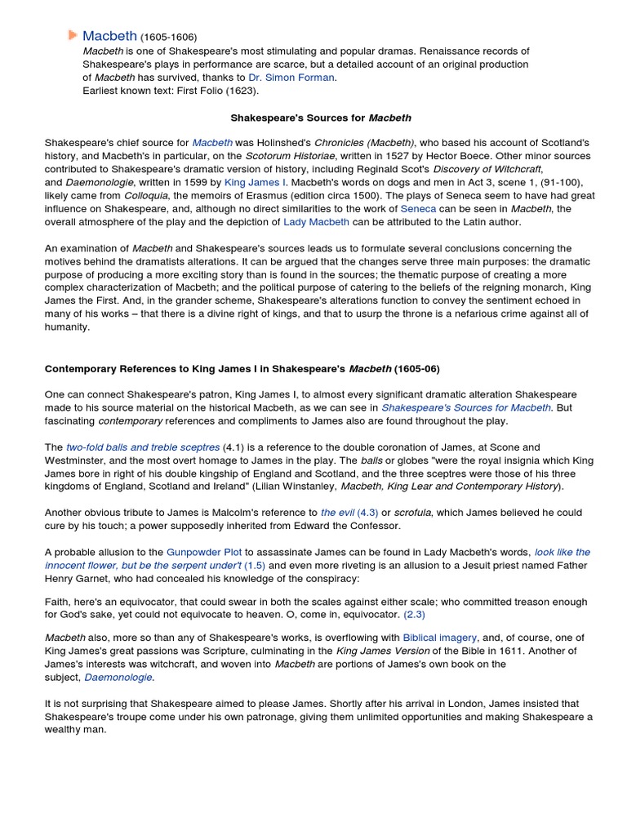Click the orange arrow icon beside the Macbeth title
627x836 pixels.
(73, 35)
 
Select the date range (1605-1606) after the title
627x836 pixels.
(169, 37)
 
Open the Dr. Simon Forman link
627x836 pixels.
(291, 78)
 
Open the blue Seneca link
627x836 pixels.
(418, 209)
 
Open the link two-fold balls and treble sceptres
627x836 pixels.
(143, 447)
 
